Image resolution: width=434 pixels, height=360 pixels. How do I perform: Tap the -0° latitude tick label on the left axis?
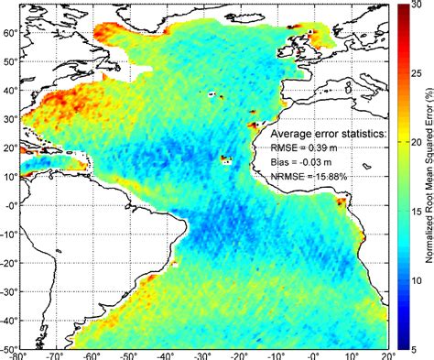point(9,205)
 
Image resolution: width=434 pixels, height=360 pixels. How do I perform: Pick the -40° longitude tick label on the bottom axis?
point(166,354)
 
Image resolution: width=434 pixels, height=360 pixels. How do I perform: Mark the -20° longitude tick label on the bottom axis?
point(239,354)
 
